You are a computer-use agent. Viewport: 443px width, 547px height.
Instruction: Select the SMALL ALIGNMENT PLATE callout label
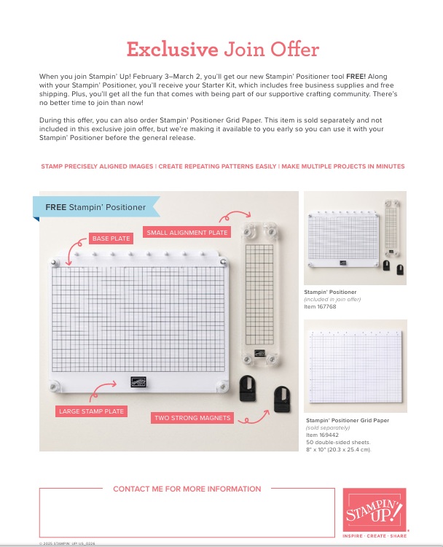tap(187, 233)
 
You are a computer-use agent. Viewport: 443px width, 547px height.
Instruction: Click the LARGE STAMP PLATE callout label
tap(91, 411)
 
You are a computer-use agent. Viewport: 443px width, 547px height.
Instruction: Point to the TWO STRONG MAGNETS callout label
tap(192, 418)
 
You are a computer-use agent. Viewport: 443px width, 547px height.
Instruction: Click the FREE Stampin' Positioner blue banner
tap(95, 207)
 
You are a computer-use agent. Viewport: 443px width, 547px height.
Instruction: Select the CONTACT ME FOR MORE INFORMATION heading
tap(187, 489)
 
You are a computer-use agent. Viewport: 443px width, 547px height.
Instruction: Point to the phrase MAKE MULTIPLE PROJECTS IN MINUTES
tap(342, 166)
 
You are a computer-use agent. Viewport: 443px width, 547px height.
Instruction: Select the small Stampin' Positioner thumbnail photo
tap(355, 238)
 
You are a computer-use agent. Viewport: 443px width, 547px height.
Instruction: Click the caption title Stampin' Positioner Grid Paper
tap(348, 421)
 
